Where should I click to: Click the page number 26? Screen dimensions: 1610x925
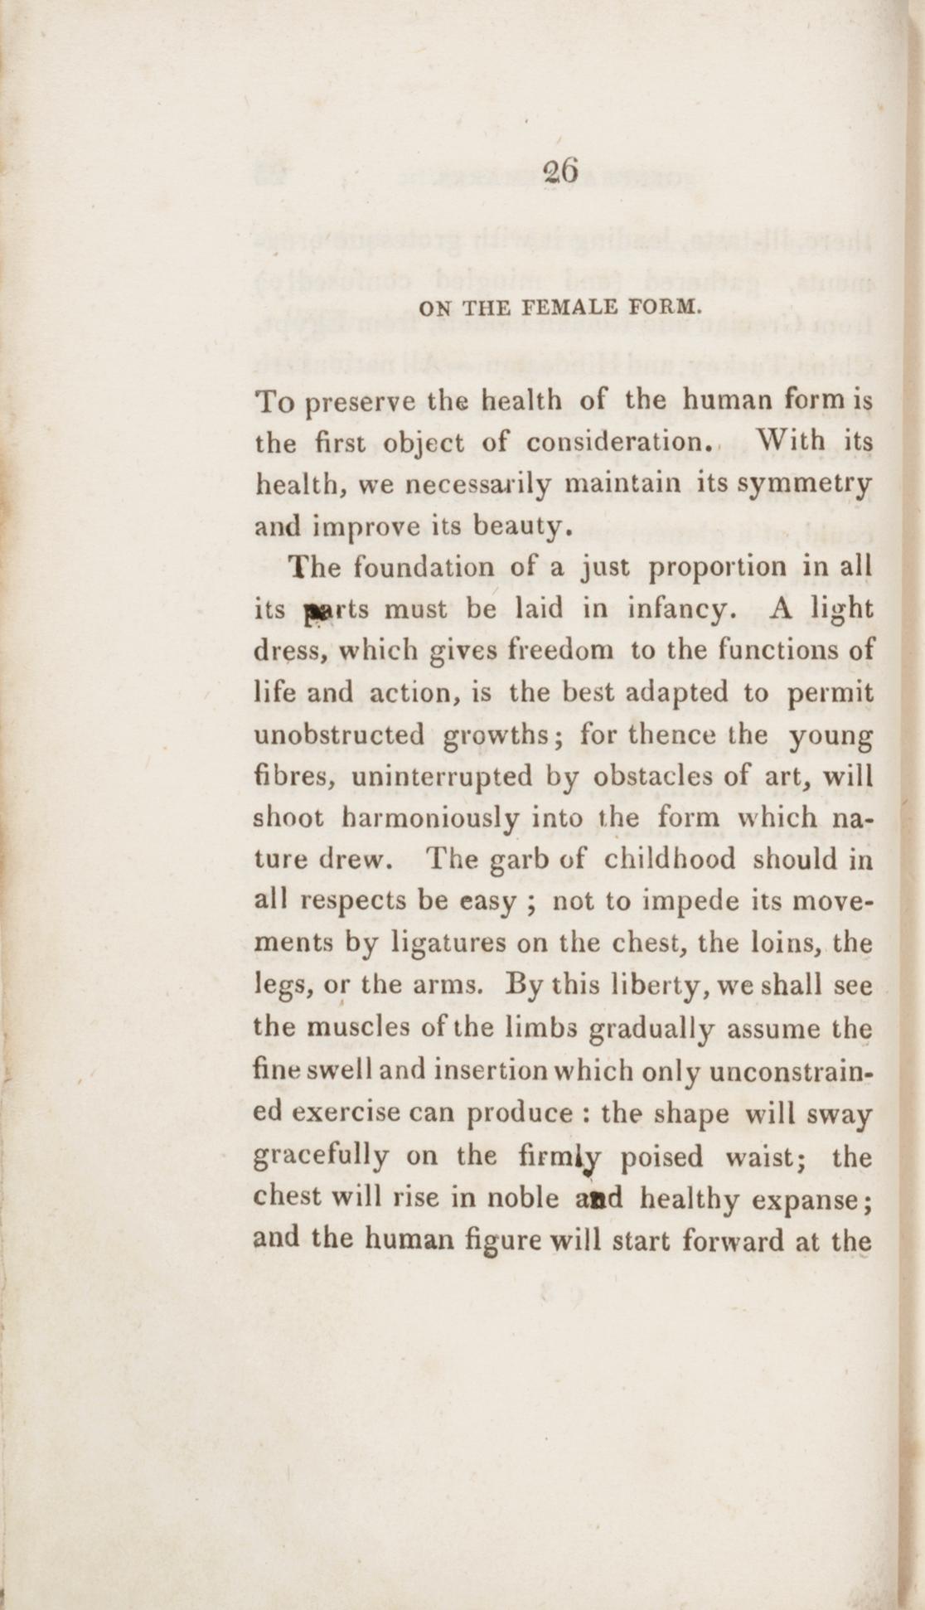[560, 172]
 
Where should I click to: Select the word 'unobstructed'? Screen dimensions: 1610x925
[339, 735]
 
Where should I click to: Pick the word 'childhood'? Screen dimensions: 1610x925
[669, 859]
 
